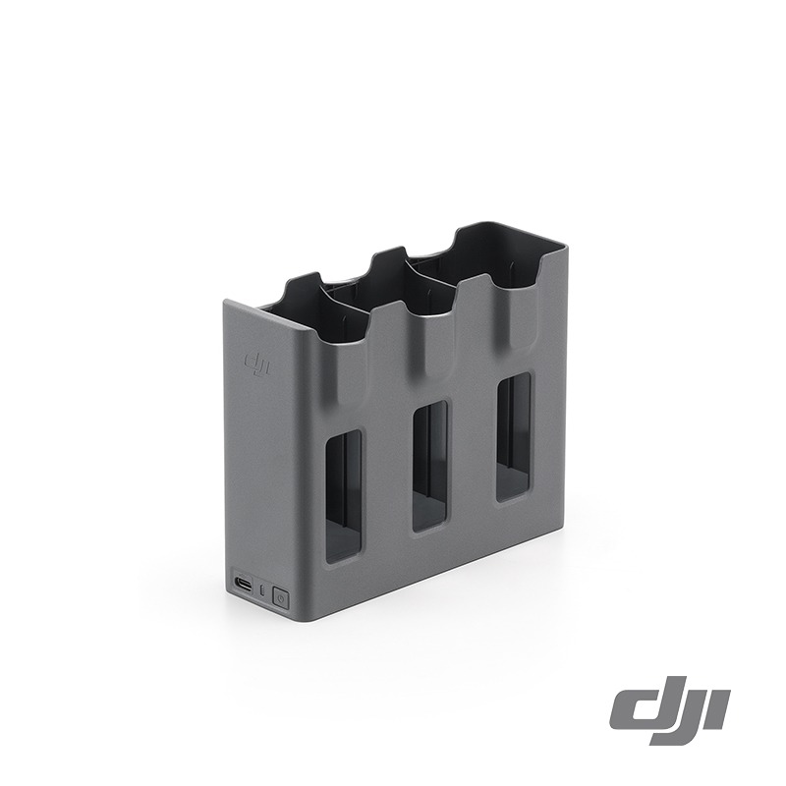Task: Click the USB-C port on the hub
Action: pyautogui.click(x=242, y=589)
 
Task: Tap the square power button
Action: pyautogui.click(x=280, y=595)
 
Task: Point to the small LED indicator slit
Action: pyautogui.click(x=262, y=591)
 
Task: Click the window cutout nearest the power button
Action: pyautogui.click(x=343, y=496)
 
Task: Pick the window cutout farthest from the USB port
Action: pyautogui.click(x=514, y=435)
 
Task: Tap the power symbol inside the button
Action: pyautogui.click(x=280, y=595)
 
